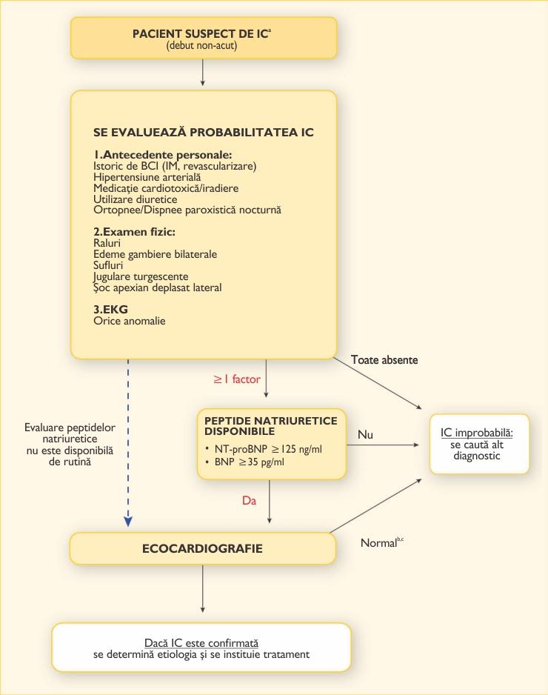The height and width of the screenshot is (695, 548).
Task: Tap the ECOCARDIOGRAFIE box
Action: (201, 549)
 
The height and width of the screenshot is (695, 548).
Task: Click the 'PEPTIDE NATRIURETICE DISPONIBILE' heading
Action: (270, 425)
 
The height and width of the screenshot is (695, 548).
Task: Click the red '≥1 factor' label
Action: (237, 379)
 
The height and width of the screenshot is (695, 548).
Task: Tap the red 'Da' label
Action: (249, 500)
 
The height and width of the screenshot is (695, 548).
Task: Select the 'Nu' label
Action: (365, 433)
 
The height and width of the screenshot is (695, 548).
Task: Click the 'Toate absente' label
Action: (384, 360)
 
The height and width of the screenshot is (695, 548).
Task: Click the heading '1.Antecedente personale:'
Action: (163, 155)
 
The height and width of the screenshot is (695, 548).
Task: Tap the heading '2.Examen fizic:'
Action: (134, 233)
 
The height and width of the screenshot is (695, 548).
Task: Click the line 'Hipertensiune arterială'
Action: (147, 177)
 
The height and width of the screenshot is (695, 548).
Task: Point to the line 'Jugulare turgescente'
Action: (136, 276)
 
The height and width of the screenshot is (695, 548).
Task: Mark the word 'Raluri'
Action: (107, 243)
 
